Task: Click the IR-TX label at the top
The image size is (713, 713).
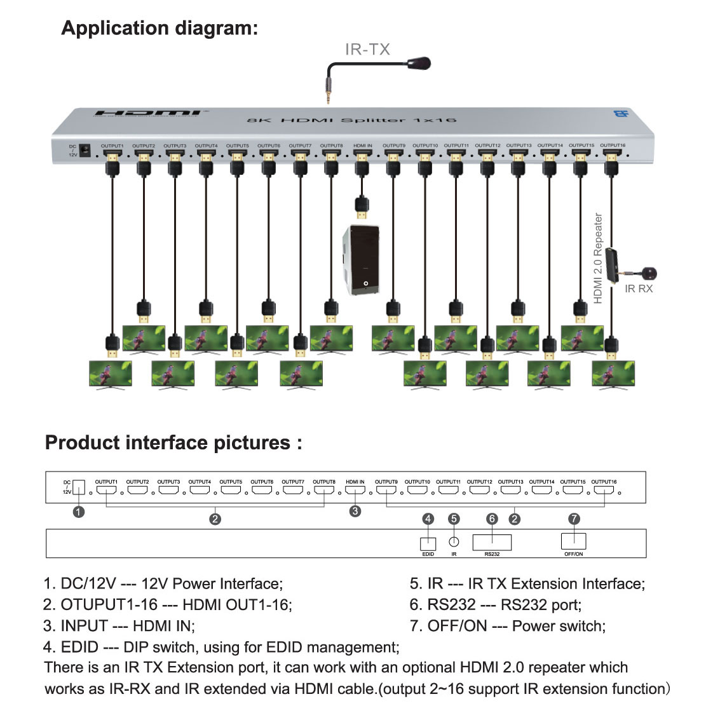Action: click(x=367, y=50)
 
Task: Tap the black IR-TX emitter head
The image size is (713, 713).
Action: click(x=419, y=64)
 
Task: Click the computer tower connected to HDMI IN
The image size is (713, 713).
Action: click(x=362, y=260)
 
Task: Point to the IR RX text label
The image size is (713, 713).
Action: click(x=638, y=289)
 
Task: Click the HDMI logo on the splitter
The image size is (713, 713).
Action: click(x=147, y=113)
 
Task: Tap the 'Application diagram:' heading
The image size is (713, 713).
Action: click(x=160, y=29)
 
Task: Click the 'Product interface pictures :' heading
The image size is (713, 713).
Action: click(x=173, y=442)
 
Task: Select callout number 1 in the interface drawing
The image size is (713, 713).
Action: click(x=79, y=512)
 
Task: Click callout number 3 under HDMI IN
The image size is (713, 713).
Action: click(x=355, y=511)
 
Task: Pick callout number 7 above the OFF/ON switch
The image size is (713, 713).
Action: click(x=574, y=519)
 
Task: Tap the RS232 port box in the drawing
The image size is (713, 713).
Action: click(x=492, y=542)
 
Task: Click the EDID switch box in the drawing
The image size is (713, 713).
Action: click(x=428, y=544)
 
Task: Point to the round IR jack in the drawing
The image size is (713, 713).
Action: click(x=454, y=542)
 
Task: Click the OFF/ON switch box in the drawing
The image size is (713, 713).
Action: click(x=573, y=541)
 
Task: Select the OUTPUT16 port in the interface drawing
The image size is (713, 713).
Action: click(x=604, y=490)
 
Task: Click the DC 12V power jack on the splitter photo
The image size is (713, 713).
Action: click(x=86, y=151)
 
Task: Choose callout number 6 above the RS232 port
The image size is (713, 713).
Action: click(x=492, y=519)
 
